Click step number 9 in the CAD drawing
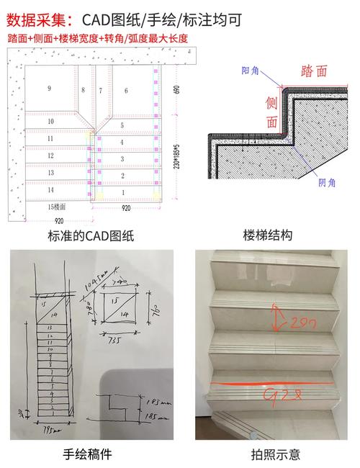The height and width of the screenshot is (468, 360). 49,88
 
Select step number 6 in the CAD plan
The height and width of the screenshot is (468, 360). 126,90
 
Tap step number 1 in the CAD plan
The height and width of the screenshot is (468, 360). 122,193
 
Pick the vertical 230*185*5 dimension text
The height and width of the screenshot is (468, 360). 176,155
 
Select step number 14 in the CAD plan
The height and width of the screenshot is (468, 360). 50,190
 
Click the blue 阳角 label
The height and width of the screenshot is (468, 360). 251,70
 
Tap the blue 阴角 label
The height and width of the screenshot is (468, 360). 327,183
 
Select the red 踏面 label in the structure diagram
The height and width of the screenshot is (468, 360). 314,70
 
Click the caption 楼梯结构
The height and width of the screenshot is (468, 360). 269,235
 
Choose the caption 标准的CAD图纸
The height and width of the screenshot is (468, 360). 91,235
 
